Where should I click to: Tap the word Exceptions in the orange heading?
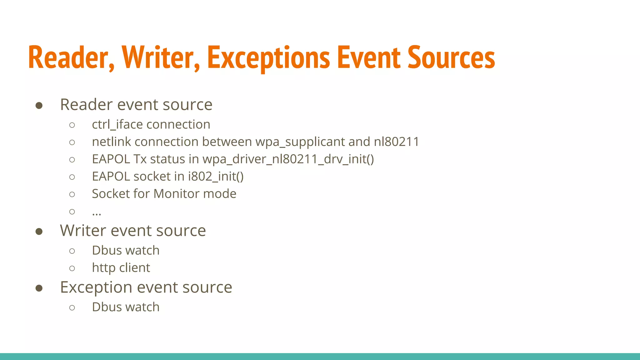pos(268,58)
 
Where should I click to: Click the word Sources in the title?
pos(451,58)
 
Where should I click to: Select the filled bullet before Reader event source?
pos(39,105)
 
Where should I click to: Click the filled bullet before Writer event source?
pos(39,232)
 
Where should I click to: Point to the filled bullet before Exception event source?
pos(39,288)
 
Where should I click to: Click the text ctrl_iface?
pos(117,125)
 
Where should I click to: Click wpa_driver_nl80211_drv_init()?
pos(288,159)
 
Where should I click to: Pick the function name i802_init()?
pos(216,177)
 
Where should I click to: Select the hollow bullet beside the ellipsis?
pos(72,212)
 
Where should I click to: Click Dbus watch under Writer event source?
pos(126,251)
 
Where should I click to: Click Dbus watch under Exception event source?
pos(126,307)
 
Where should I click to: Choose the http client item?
pos(121,268)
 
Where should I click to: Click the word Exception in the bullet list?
pos(96,287)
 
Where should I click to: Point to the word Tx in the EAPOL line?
pos(140,159)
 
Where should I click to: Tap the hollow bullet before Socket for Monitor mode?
pos(72,194)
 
